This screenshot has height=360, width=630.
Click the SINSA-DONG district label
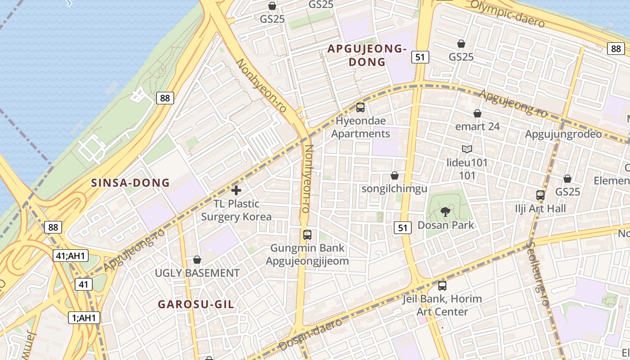click(x=130, y=183)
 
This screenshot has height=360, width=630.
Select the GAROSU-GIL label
click(x=196, y=305)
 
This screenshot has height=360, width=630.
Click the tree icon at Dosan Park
click(x=445, y=211)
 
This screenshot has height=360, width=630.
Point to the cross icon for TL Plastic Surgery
click(x=236, y=190)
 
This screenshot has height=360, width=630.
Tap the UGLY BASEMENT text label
click(x=197, y=273)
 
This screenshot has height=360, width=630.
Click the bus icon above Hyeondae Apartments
click(x=360, y=108)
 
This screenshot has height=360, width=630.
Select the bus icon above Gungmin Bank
click(x=307, y=234)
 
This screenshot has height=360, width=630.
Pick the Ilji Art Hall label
click(x=540, y=209)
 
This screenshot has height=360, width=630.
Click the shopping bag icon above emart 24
click(x=477, y=113)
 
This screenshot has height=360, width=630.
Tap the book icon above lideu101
click(x=467, y=149)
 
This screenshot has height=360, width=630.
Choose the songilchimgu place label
click(x=395, y=189)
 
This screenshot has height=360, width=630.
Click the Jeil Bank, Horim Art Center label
click(x=442, y=305)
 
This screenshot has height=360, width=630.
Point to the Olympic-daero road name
click(x=508, y=14)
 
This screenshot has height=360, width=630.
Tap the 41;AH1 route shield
click(x=71, y=256)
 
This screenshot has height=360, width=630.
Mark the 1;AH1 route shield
click(x=84, y=318)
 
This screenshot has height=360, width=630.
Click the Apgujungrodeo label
click(x=563, y=134)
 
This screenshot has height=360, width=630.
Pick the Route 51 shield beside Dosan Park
click(x=403, y=228)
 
